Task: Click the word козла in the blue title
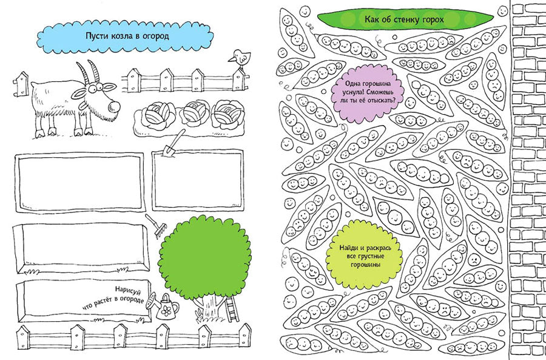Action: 120,36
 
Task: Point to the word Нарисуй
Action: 129,290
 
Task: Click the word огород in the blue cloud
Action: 153,36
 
